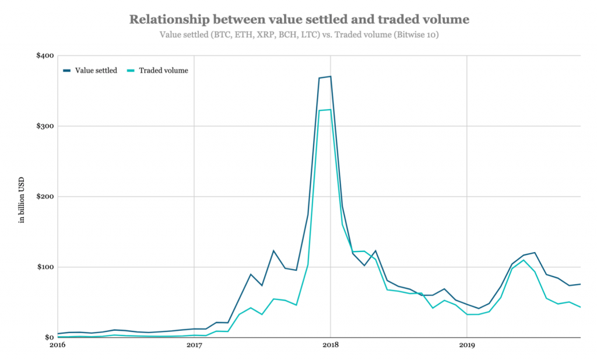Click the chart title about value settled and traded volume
[x=298, y=19]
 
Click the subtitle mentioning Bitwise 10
[x=298, y=34]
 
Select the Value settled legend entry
[x=96, y=71]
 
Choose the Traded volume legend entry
[x=163, y=71]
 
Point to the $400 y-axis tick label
[x=45, y=56]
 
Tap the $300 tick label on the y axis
[x=45, y=126]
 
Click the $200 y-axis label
[x=45, y=197]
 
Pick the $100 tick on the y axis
[x=45, y=267]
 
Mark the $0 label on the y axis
[x=49, y=337]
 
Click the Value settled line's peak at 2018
[x=331, y=76]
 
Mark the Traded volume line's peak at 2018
[x=331, y=110]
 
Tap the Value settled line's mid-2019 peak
[x=535, y=253]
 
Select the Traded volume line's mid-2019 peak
[x=524, y=260]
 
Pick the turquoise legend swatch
[x=131, y=71]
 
